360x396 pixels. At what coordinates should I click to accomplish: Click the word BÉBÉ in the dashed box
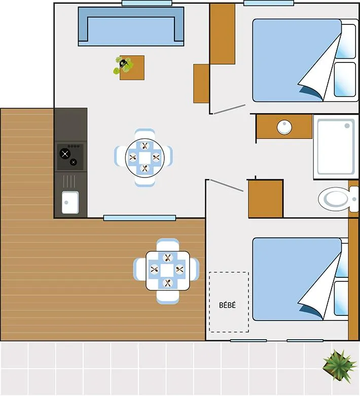click(x=227, y=305)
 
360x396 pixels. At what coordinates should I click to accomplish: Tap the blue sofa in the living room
click(x=131, y=26)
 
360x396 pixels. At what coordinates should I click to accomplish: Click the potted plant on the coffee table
click(x=123, y=64)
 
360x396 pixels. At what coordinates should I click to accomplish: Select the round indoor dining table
click(x=145, y=157)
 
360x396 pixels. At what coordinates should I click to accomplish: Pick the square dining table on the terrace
click(x=168, y=270)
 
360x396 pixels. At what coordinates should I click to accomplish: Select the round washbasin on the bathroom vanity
click(x=284, y=127)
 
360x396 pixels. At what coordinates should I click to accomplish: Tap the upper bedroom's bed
click(x=297, y=60)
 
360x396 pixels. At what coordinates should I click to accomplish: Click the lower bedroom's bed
click(x=297, y=279)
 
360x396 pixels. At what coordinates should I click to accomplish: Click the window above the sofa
click(x=146, y=3)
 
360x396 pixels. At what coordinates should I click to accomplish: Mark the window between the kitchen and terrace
click(x=139, y=218)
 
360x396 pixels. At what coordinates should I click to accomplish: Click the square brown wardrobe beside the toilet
click(x=265, y=199)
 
